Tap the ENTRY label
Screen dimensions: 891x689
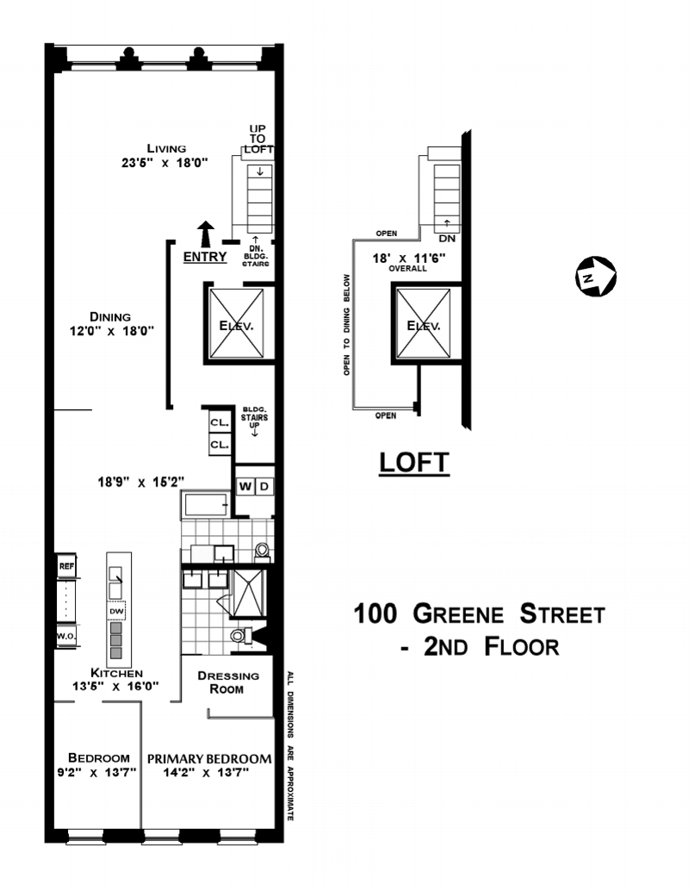(205, 257)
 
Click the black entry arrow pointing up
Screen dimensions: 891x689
(205, 234)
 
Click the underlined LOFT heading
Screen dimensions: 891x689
(414, 463)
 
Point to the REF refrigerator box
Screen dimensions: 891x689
(66, 566)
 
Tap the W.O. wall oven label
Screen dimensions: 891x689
(66, 637)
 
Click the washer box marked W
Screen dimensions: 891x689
(245, 487)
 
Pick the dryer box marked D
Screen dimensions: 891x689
(264, 487)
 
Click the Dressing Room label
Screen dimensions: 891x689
(221, 682)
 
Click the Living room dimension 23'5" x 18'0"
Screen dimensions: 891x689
(166, 161)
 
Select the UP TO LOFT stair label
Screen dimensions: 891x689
(258, 139)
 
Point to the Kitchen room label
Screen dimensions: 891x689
(116, 673)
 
